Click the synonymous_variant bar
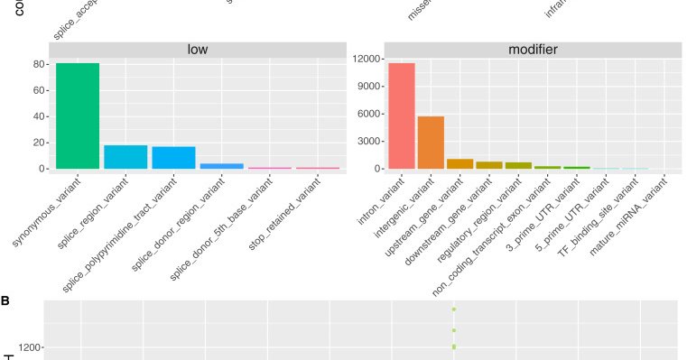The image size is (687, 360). pyautogui.click(x=78, y=115)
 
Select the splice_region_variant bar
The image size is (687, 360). pyautogui.click(x=125, y=157)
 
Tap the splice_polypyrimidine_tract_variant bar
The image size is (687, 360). pyautogui.click(x=173, y=158)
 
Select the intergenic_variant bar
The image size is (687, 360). pyautogui.click(x=431, y=143)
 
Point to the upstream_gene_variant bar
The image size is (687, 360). pyautogui.click(x=460, y=164)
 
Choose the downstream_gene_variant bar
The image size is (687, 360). pyautogui.click(x=488, y=165)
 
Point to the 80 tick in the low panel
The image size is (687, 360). pyautogui.click(x=41, y=64)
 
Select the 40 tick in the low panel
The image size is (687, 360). pyautogui.click(x=41, y=116)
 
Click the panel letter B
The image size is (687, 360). pyautogui.click(x=5, y=299)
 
